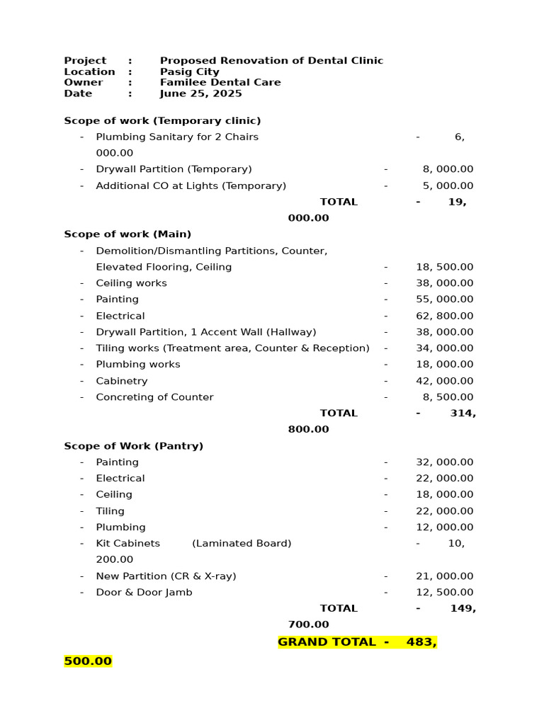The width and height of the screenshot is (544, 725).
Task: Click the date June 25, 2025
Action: click(200, 93)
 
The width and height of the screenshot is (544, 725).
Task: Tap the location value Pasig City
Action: click(189, 72)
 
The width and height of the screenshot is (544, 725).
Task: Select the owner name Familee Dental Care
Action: click(220, 82)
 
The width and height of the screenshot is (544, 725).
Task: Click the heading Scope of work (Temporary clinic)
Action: click(162, 120)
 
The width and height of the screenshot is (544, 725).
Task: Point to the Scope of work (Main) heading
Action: click(127, 234)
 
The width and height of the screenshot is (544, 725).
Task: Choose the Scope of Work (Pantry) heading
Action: click(133, 446)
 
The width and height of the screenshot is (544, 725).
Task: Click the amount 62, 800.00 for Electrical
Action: click(445, 316)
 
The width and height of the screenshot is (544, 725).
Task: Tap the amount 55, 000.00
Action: click(445, 299)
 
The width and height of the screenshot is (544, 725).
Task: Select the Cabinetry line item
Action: click(122, 381)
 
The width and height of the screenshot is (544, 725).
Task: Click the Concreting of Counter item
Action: click(154, 397)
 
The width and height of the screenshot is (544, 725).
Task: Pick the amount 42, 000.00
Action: click(445, 381)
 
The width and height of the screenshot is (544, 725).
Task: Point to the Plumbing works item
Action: click(138, 365)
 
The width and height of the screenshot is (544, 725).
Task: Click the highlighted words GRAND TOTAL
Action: click(327, 642)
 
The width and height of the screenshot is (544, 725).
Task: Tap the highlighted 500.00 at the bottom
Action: click(88, 661)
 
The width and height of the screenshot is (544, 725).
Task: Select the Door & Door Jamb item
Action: click(144, 593)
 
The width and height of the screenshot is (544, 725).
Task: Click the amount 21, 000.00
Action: click(445, 576)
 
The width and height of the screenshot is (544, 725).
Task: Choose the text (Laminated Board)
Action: click(242, 544)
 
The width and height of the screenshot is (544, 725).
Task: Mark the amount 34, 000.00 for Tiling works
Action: click(445, 348)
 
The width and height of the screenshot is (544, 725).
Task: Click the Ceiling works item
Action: click(132, 283)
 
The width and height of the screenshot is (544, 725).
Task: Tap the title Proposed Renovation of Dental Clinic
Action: click(271, 61)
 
